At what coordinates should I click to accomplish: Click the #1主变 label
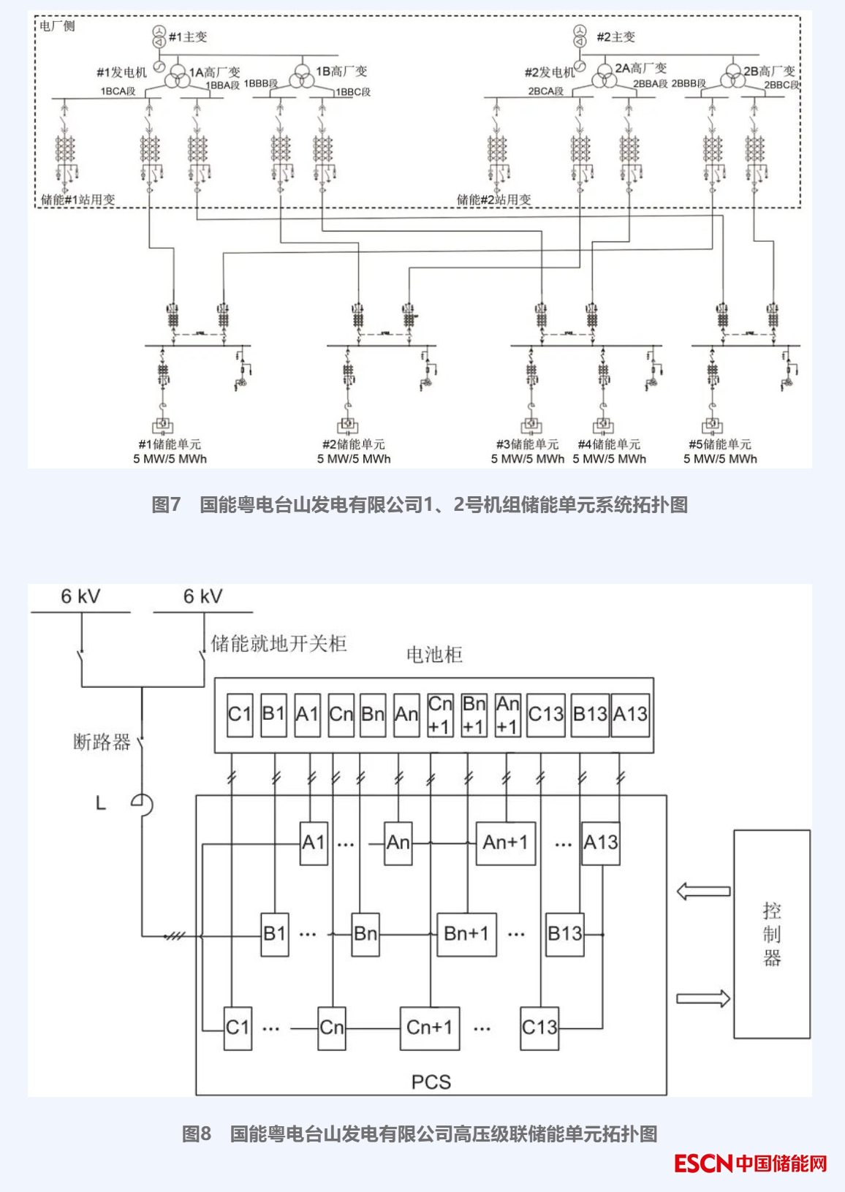188,37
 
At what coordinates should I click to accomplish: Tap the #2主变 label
615,37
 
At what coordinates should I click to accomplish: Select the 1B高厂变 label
341,72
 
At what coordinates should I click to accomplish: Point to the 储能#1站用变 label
78,200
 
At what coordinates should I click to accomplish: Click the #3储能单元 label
527,444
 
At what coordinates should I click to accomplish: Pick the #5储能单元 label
720,444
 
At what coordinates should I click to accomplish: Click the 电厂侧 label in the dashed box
57,26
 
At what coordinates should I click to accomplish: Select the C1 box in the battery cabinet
240,715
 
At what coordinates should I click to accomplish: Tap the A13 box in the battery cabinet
630,715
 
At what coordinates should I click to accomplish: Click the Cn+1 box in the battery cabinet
440,715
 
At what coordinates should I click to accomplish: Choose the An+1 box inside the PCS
505,843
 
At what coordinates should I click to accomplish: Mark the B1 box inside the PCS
275,934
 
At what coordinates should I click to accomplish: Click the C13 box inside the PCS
539,1028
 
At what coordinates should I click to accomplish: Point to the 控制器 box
772,933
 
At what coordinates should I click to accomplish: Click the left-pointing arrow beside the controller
703,891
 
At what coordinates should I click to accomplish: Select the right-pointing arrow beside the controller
703,998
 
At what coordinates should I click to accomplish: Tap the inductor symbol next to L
143,804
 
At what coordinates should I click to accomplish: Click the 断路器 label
102,743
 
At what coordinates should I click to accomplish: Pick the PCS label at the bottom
431,1082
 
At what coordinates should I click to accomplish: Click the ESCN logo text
702,1163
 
